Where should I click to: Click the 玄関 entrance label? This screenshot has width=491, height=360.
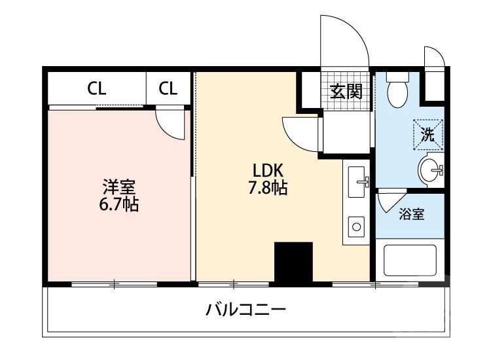(346, 91)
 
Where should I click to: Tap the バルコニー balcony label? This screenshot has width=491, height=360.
(247, 309)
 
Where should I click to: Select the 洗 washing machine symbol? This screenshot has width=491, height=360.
(428, 136)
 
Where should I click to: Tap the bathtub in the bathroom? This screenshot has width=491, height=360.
(410, 261)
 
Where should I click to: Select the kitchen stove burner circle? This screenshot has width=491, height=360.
(357, 227)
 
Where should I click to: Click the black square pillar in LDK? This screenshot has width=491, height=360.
(293, 262)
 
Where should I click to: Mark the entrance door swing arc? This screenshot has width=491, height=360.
(340, 39)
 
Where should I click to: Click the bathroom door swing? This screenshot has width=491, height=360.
(391, 200)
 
